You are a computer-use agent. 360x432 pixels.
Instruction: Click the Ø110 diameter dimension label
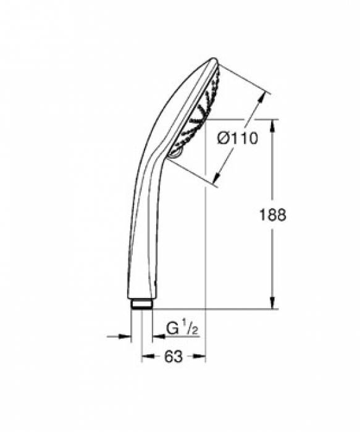[237, 139]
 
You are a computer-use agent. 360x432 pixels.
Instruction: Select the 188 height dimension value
[272, 214]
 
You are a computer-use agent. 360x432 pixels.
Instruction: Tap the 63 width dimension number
[174, 357]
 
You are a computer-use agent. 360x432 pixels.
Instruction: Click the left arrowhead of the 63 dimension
[146, 356]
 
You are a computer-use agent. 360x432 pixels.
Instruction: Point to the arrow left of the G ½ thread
[127, 336]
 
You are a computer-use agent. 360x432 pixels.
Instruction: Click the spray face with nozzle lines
[201, 111]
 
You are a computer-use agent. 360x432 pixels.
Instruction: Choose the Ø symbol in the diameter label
[224, 139]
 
